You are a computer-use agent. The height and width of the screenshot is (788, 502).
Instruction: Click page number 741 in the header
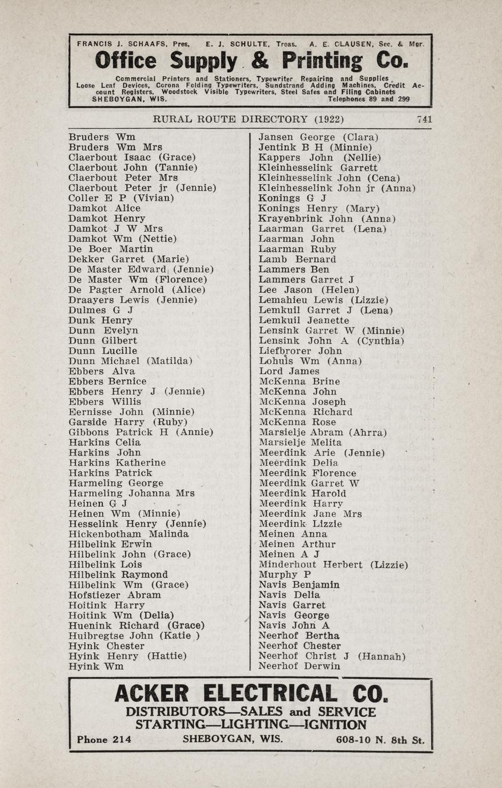pyautogui.click(x=424, y=119)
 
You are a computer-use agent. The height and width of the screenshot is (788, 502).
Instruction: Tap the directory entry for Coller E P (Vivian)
pyautogui.click(x=121, y=198)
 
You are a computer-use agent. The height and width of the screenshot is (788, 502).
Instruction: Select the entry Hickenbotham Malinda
pyautogui.click(x=128, y=534)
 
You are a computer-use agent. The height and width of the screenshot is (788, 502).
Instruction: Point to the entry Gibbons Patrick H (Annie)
pyautogui.click(x=140, y=432)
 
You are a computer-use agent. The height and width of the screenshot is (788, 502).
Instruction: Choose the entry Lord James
pyautogui.click(x=288, y=371)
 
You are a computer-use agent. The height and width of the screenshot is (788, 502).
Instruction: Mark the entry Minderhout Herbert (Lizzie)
pyautogui.click(x=333, y=565)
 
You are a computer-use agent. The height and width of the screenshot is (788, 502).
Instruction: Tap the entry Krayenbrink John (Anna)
pyautogui.click(x=327, y=219)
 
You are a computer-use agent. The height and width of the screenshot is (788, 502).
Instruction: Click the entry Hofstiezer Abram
pyautogui.click(x=114, y=595)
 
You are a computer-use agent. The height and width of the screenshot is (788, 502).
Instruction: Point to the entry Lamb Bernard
pyautogui.click(x=297, y=259)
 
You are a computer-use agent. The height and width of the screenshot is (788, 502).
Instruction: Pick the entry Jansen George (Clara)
pyautogui.click(x=318, y=137)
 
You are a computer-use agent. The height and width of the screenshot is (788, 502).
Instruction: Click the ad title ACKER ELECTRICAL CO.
pyautogui.click(x=251, y=694)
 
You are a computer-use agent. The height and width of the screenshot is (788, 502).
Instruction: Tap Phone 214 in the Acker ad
pyautogui.click(x=104, y=739)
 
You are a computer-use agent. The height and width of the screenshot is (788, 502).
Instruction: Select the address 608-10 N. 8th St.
pyautogui.click(x=380, y=741)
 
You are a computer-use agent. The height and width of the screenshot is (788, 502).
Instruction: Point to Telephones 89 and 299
pyautogui.click(x=368, y=99)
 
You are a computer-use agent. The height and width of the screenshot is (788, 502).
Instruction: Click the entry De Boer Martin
pyautogui.click(x=111, y=249)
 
